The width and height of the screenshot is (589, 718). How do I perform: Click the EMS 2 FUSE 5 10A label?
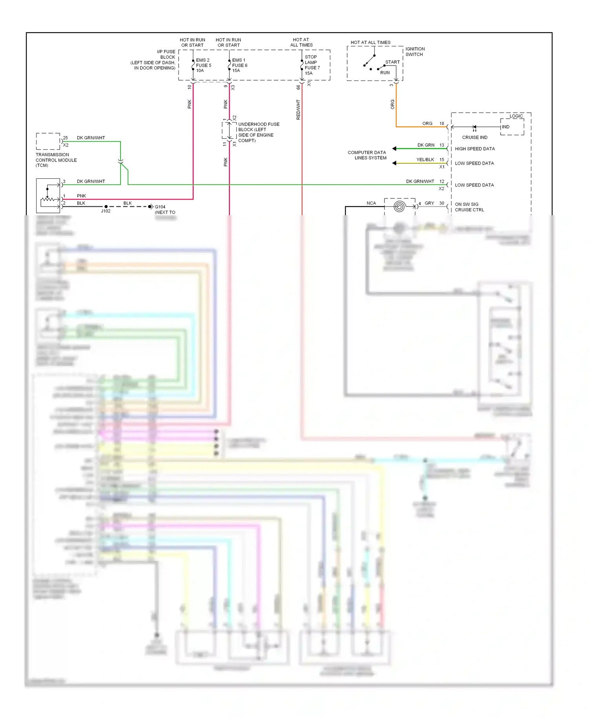pos(203,65)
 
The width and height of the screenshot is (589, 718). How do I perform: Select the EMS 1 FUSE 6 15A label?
pos(240,65)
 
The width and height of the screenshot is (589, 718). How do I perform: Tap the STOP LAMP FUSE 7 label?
pos(312,65)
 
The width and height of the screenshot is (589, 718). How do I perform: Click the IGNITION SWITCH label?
pos(415,51)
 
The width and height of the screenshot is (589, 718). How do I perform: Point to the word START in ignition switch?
pos(392,62)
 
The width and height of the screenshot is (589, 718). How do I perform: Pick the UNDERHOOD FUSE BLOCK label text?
pos(258,132)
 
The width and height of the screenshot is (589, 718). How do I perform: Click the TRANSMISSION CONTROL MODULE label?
pos(56,160)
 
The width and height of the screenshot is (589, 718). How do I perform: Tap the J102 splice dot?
pos(106,207)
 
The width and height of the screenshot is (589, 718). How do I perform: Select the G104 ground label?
pos(160,207)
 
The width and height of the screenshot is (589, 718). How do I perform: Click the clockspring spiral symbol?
pos(399,207)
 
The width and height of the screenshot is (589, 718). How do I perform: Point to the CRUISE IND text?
pos(474,137)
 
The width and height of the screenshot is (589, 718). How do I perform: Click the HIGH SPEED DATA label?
pos(474,149)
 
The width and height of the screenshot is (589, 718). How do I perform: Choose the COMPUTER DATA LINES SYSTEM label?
pos(367,155)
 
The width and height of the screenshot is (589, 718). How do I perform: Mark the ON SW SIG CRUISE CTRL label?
pos(469,207)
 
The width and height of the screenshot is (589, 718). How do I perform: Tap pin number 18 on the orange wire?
pos(441,123)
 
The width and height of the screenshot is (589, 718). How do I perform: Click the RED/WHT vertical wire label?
pos(298,109)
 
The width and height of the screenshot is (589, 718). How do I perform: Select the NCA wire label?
pos(371,203)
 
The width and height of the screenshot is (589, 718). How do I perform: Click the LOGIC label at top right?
pos(516,116)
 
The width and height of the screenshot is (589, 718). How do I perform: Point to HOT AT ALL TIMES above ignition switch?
pos(370,42)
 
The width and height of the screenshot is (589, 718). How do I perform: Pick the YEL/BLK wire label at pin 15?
pos(425,159)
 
